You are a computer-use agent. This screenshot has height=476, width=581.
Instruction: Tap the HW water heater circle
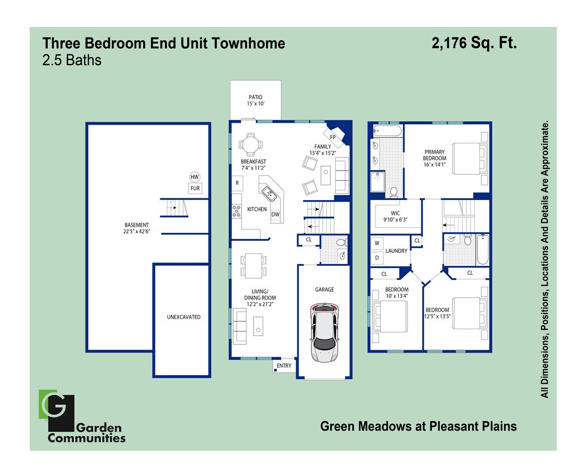[195, 177]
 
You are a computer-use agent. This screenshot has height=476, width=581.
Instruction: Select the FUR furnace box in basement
[195, 189]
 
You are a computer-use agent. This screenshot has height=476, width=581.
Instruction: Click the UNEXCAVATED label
[183, 317]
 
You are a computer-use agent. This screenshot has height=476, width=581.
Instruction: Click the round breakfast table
[250, 144]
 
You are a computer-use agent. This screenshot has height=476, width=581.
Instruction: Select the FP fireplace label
[332, 137]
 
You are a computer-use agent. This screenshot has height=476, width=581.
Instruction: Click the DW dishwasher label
[275, 214]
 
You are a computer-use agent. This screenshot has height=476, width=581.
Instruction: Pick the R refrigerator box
[237, 183]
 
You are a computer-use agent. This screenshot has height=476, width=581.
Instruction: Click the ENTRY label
[284, 365]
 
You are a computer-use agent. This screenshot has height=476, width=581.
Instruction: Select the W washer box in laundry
[377, 243]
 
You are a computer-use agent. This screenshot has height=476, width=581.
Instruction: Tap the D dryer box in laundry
[377, 257]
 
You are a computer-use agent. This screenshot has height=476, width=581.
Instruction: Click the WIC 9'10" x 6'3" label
[395, 216]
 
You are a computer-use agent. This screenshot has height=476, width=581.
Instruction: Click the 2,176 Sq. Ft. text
[474, 43]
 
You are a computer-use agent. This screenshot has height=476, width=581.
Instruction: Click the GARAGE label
[325, 290]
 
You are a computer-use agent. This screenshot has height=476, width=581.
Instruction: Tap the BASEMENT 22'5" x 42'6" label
[137, 228]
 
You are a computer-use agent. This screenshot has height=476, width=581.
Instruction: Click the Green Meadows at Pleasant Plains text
[418, 426]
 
